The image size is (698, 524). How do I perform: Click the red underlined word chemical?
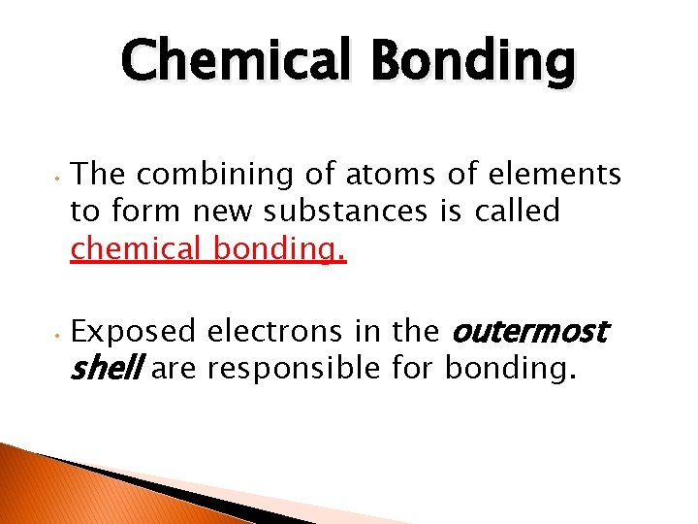tap(137, 248)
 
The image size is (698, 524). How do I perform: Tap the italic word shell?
tap(106, 369)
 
